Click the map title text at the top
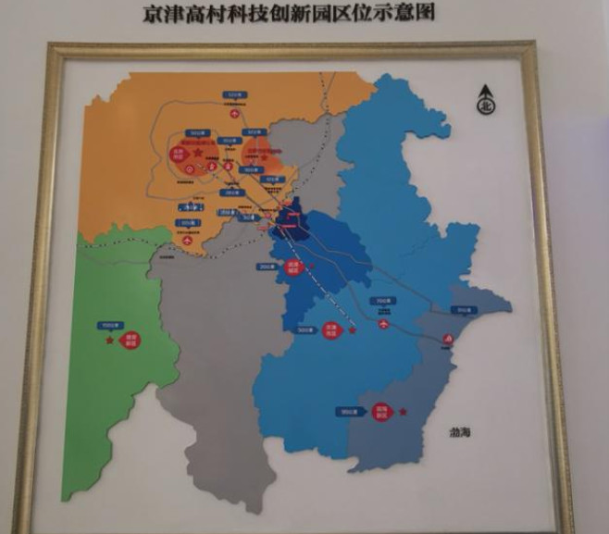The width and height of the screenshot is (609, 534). coord(289,14)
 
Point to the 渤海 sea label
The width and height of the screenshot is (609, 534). coord(459,431)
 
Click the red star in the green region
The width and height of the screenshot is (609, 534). coord(110,341)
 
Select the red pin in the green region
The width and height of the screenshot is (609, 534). coord(131,341)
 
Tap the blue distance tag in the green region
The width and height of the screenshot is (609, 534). coord(111,325)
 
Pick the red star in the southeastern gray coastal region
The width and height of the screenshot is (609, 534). coord(403,410)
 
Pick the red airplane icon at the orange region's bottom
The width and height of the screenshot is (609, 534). coord(188,238)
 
